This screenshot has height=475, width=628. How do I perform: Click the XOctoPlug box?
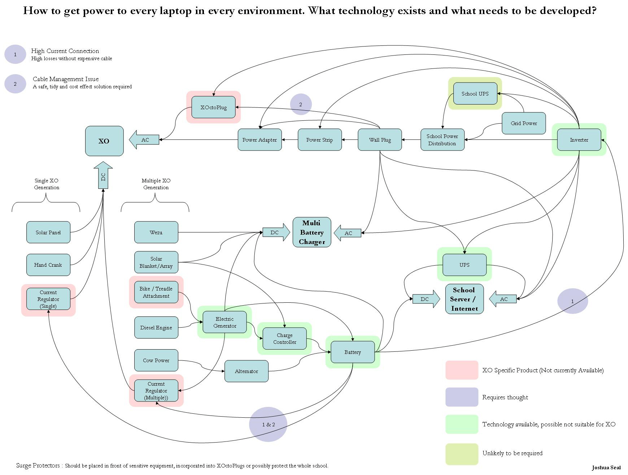tap(213, 107)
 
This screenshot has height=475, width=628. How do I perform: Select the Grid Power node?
tap(523, 123)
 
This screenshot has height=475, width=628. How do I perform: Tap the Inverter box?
tap(579, 140)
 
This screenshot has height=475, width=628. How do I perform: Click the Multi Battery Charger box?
tap(312, 232)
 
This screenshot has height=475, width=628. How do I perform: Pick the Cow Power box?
tap(156, 360)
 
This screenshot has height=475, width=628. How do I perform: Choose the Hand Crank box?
tap(48, 265)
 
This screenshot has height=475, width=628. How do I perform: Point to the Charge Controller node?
tap(284, 338)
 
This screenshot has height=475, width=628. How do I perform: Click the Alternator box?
tap(246, 371)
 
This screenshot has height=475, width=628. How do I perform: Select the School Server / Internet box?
tap(464, 299)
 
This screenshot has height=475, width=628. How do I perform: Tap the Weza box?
tap(156, 232)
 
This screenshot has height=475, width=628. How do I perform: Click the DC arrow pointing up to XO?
tap(103, 176)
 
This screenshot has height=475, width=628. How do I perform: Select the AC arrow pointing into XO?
tap(144, 140)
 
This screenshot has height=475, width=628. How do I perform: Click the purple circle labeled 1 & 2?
tap(268, 424)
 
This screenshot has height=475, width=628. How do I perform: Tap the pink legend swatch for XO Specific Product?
tap(462, 370)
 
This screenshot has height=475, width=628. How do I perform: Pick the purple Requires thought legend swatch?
tap(462, 397)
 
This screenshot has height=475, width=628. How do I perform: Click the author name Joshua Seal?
tap(606, 467)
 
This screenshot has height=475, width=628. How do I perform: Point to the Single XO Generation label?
tap(47, 184)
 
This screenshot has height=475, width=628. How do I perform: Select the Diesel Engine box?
tap(156, 328)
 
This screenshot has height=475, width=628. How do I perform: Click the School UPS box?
tap(475, 94)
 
